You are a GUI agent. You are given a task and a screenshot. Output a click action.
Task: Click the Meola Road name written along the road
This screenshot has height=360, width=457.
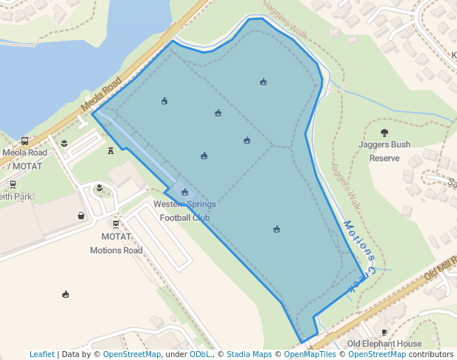101,96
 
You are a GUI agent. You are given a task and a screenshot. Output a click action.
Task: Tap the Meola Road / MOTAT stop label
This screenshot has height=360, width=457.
24,159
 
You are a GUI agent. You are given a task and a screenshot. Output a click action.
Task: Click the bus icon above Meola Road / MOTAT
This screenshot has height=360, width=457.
25,141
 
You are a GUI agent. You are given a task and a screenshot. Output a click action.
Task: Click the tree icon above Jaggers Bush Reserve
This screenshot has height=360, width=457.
384,133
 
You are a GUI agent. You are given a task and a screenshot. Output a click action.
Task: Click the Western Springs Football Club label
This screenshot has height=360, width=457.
184,210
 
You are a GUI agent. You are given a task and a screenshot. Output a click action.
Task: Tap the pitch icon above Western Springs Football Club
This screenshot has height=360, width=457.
184,192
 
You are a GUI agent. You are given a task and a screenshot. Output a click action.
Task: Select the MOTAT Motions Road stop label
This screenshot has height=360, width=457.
116,243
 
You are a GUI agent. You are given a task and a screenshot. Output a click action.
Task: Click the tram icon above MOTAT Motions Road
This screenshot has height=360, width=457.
116,224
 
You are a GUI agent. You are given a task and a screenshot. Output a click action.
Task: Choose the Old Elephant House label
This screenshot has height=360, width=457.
384,344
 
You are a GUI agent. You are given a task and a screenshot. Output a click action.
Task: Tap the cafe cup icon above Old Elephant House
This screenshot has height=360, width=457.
384,332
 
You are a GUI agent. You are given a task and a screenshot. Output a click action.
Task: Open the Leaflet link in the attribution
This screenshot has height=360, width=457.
41,354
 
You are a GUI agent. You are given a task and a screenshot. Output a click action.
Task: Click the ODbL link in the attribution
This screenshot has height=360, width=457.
200,354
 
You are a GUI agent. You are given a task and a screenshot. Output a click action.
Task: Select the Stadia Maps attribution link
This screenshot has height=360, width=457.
249,354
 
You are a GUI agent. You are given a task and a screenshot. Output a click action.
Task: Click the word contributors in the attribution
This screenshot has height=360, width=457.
431,354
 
